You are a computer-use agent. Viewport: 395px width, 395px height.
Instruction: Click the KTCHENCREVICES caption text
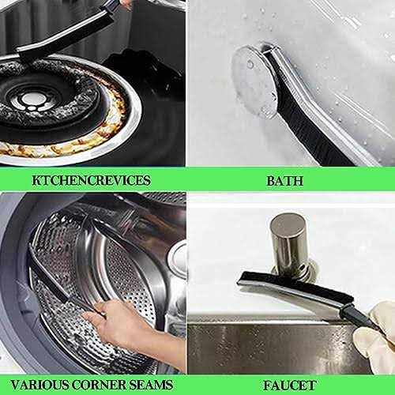tap(91, 180)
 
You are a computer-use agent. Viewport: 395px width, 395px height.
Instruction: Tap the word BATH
tap(284, 181)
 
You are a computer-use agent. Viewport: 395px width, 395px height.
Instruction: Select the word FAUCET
tap(290, 386)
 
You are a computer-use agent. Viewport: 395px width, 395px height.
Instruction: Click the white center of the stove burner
tap(31, 100)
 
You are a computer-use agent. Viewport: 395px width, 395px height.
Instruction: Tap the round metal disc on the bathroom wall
tap(254, 81)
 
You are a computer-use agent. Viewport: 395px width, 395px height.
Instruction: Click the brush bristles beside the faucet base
tap(295, 286)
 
